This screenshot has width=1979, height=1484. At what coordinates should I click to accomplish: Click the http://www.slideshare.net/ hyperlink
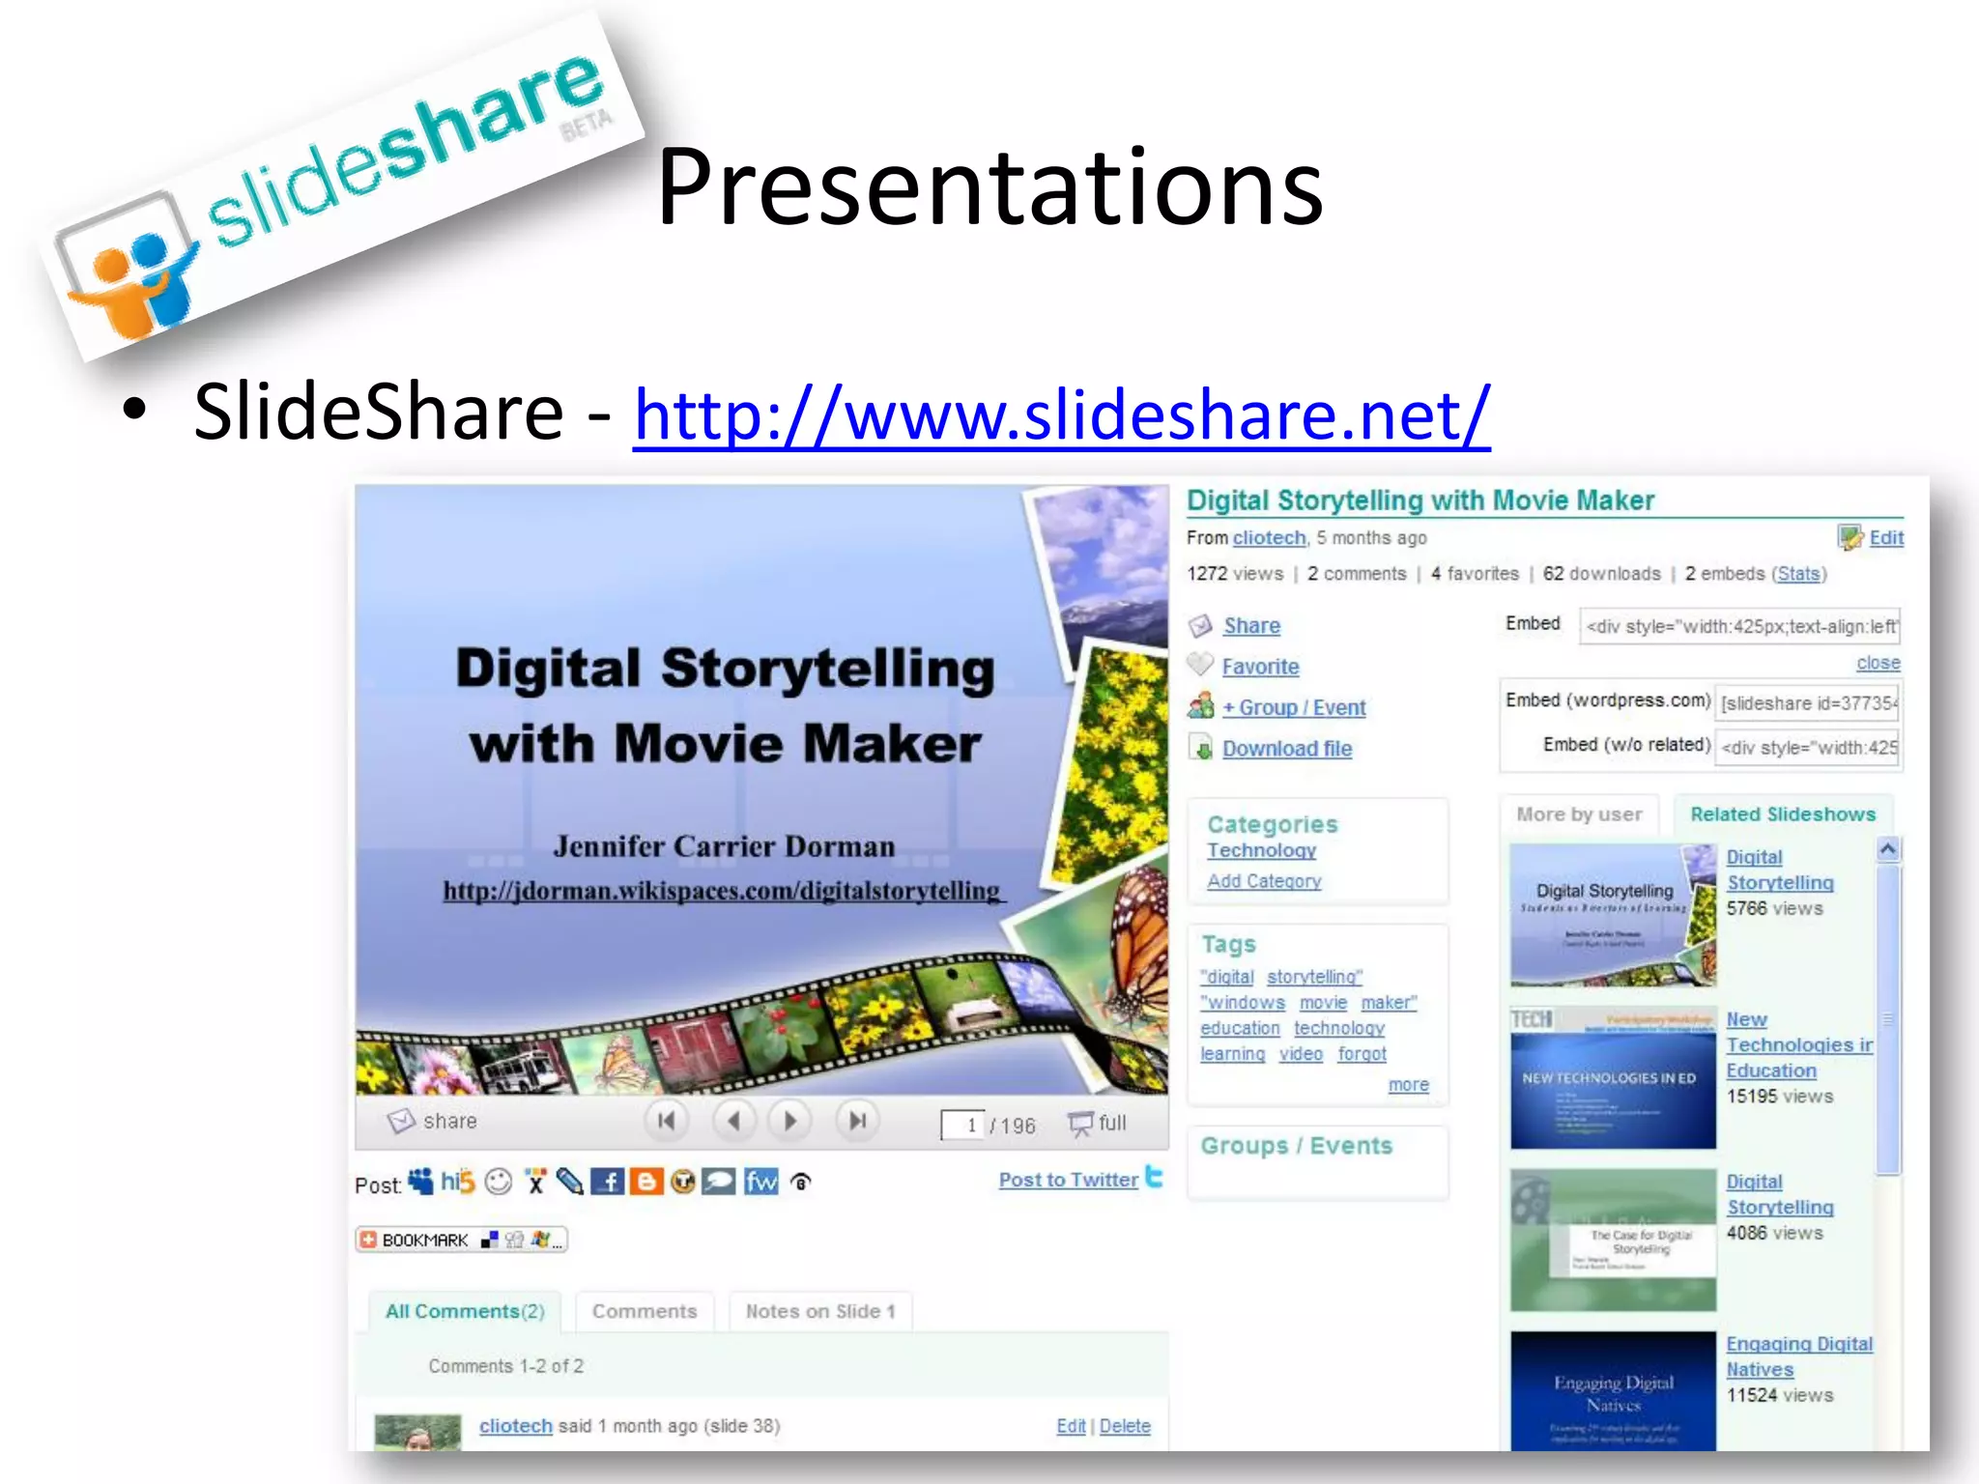click(x=1061, y=414)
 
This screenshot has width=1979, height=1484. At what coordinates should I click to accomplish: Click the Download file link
click(x=1286, y=749)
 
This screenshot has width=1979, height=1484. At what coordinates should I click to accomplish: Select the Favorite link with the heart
click(x=1260, y=667)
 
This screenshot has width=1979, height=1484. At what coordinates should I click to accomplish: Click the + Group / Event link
click(x=1294, y=707)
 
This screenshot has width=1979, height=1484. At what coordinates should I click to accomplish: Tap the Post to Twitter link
click(x=1068, y=1180)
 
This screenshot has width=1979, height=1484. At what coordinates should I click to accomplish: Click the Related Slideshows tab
click(x=1782, y=814)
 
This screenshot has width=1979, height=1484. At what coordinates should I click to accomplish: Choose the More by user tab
click(x=1579, y=814)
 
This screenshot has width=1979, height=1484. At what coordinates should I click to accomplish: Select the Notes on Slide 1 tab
click(x=819, y=1311)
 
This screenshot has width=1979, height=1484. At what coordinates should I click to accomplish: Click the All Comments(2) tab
click(x=465, y=1311)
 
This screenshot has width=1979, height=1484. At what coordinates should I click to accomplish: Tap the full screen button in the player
click(x=1098, y=1123)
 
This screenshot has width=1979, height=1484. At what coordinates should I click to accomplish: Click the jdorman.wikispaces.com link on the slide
click(x=722, y=891)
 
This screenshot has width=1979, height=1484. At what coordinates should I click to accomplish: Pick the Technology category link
click(x=1261, y=850)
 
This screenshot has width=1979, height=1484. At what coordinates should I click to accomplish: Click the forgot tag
click(x=1362, y=1054)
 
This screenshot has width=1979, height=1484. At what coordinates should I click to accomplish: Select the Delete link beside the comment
click(x=1125, y=1426)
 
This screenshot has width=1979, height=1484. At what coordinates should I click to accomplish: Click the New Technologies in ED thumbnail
click(x=1613, y=1078)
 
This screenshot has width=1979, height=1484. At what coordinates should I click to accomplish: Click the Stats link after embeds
click(x=1798, y=574)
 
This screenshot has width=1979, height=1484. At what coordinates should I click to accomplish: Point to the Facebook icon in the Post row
click(x=607, y=1182)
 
